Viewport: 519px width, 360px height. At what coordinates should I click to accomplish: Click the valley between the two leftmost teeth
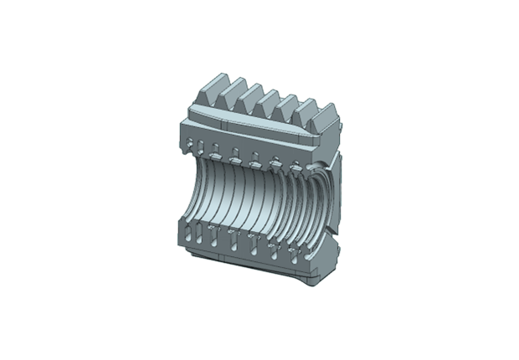point(224,94)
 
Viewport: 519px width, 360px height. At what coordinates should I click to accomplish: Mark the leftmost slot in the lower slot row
point(193,232)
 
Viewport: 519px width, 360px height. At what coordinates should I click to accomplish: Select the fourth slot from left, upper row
point(255,157)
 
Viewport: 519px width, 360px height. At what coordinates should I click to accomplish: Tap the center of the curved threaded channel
point(251,199)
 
